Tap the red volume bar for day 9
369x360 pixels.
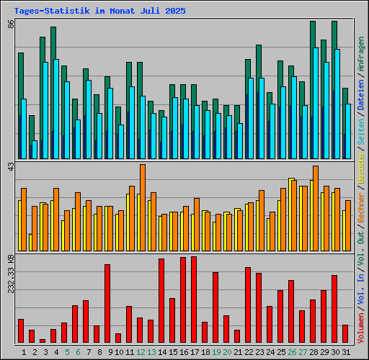[x=107, y=302]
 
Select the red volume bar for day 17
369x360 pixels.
[x=194, y=299]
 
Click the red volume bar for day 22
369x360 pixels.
[x=248, y=305]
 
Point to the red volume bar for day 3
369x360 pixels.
[x=43, y=341]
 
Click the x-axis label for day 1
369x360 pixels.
[x=24, y=351]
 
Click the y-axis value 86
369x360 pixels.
[x=11, y=23]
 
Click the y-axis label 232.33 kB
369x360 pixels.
[x=11, y=273]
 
